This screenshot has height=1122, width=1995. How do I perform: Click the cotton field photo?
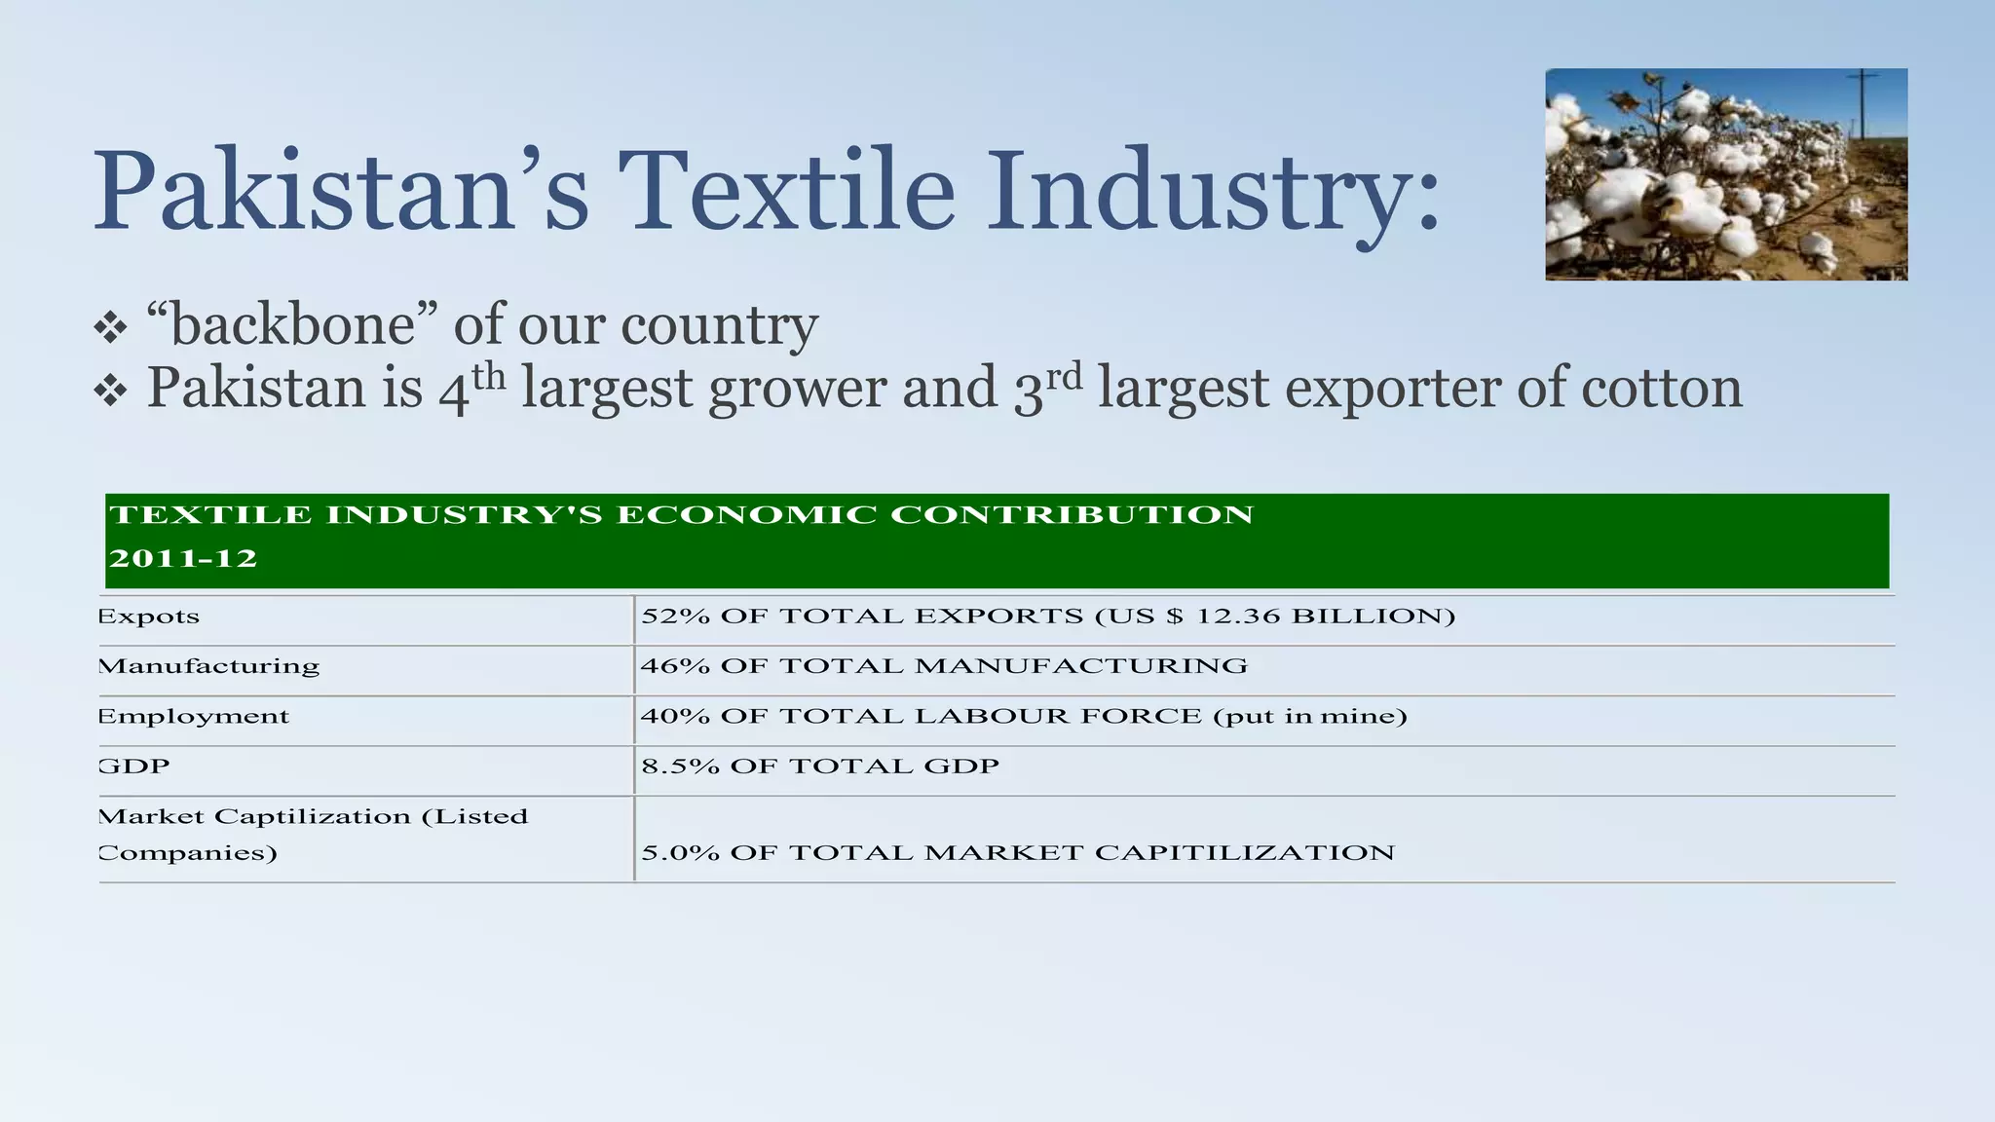[1725, 174]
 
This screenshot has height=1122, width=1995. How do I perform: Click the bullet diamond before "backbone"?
[110, 327]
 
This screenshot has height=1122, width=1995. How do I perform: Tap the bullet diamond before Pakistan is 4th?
[110, 392]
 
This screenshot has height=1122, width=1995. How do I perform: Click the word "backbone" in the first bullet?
[292, 324]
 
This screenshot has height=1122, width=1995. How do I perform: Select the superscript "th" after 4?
[489, 376]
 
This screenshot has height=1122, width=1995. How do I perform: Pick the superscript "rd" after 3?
[1065, 376]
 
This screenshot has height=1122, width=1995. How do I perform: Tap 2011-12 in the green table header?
[183, 559]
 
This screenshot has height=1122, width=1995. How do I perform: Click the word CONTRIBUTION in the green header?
[1072, 514]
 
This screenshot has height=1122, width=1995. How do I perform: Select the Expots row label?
[149, 617]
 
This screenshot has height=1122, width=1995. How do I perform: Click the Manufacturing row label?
[209, 666]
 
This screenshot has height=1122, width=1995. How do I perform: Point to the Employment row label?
[194, 717]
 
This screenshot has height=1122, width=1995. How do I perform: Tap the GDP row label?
[134, 767]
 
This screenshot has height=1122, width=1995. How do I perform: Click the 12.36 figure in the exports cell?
[1238, 617]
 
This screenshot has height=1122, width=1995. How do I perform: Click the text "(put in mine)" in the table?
[1310, 717]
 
